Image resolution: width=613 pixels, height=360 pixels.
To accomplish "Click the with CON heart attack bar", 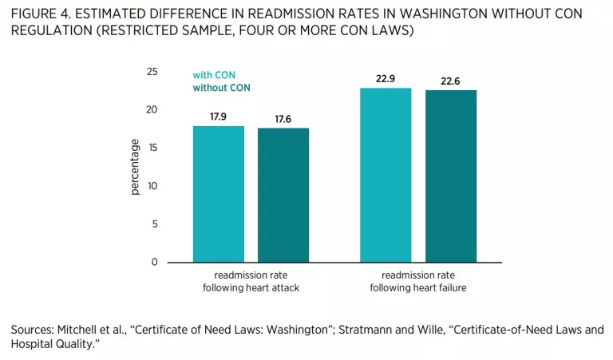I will (219, 194).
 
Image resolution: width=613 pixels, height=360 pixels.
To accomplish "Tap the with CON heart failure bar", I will (386, 175).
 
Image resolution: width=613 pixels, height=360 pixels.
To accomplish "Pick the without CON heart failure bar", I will (450, 176).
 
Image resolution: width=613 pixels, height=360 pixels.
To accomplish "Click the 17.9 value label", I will (219, 117).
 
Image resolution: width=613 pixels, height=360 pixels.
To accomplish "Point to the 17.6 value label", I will (283, 119).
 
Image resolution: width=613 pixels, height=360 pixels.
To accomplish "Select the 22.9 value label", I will (386, 78).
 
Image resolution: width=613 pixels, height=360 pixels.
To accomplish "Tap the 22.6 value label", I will (450, 81).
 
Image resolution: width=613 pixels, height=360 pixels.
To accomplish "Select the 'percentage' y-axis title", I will (135, 167).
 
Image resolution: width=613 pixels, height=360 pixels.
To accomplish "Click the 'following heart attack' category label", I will (251, 288).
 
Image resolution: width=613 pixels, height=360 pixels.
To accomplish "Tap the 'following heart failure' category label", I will (418, 288).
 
